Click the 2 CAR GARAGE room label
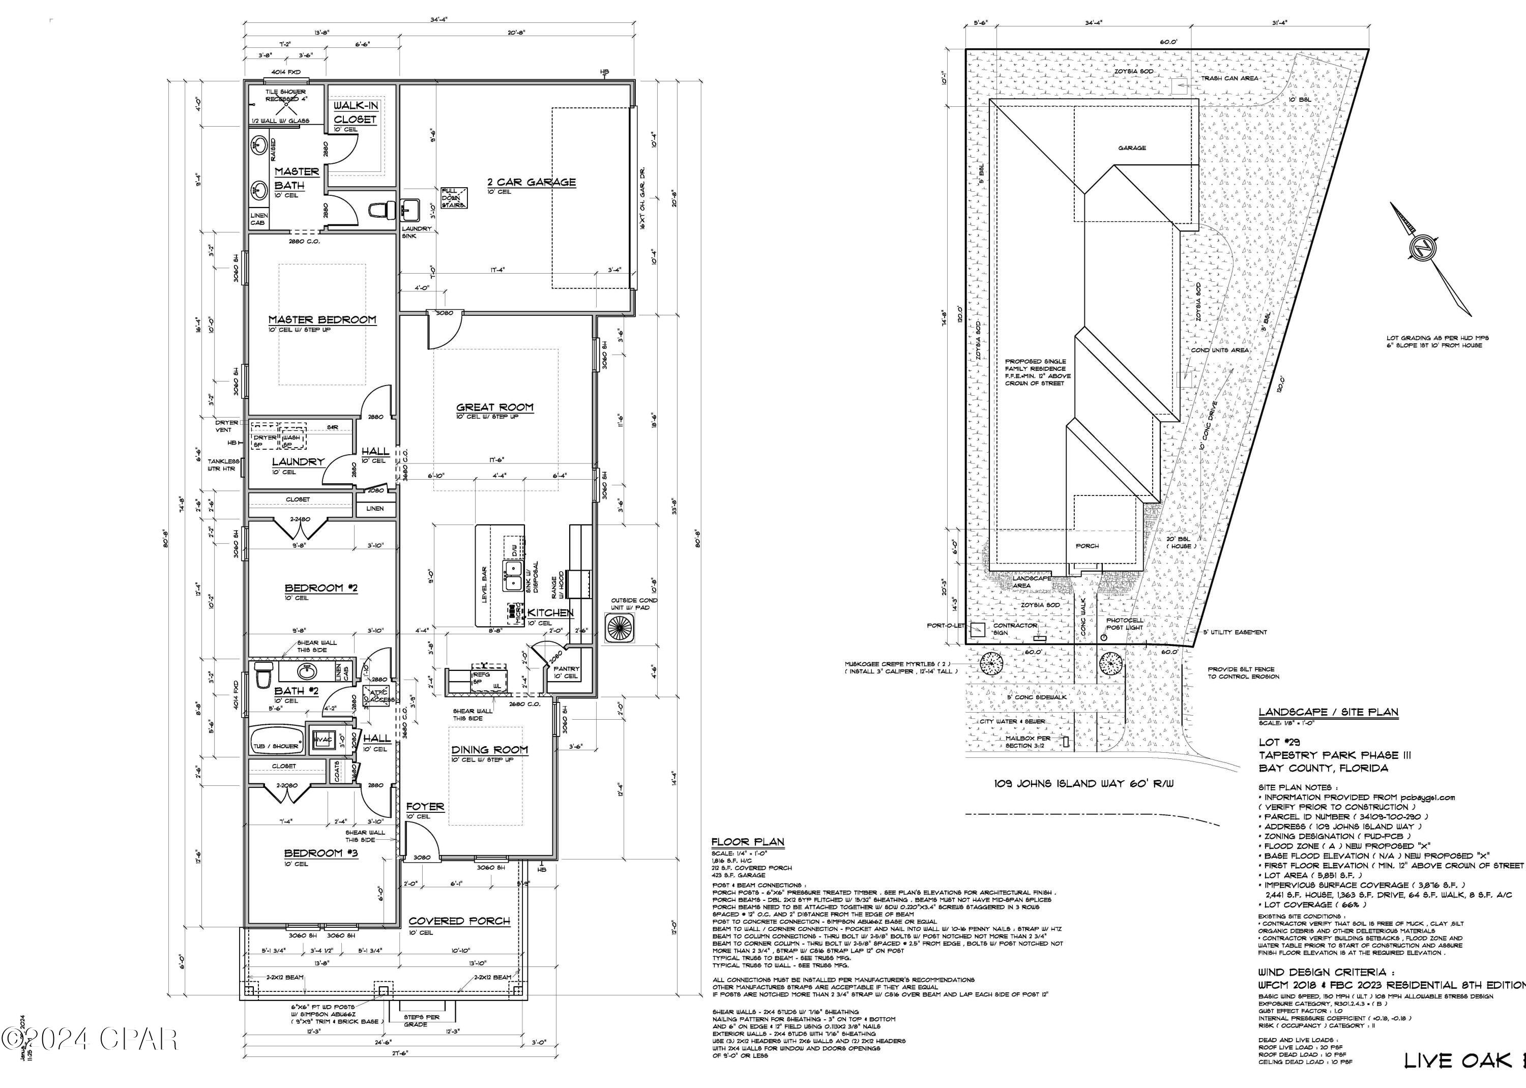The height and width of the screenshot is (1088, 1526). click(531, 182)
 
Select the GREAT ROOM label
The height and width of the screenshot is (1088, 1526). click(494, 406)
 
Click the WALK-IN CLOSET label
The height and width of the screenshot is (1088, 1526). click(356, 112)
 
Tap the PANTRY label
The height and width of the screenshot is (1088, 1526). click(566, 668)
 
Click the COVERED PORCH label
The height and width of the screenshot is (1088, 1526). click(459, 921)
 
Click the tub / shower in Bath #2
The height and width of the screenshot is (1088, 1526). click(276, 746)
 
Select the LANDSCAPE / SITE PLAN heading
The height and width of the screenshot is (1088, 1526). click(1328, 712)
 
